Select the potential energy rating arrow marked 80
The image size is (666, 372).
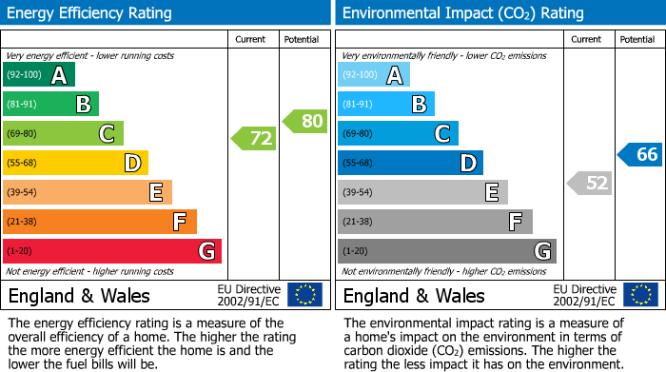(305, 121)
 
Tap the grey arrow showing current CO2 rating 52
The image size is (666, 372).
(589, 183)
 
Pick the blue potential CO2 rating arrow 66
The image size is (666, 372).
(640, 155)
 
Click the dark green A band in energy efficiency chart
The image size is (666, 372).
(39, 75)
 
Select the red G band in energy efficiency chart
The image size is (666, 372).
(112, 251)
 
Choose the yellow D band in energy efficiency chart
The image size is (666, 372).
(76, 163)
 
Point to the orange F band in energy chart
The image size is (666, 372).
(100, 222)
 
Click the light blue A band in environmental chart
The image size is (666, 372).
(374, 75)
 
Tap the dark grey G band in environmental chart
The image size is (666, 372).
(447, 251)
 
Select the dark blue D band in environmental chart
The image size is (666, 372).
(410, 163)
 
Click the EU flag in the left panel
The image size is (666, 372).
(304, 295)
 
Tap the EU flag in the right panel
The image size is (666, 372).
(640, 295)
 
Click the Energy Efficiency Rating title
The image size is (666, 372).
(90, 13)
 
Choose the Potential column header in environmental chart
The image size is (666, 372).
(637, 39)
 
